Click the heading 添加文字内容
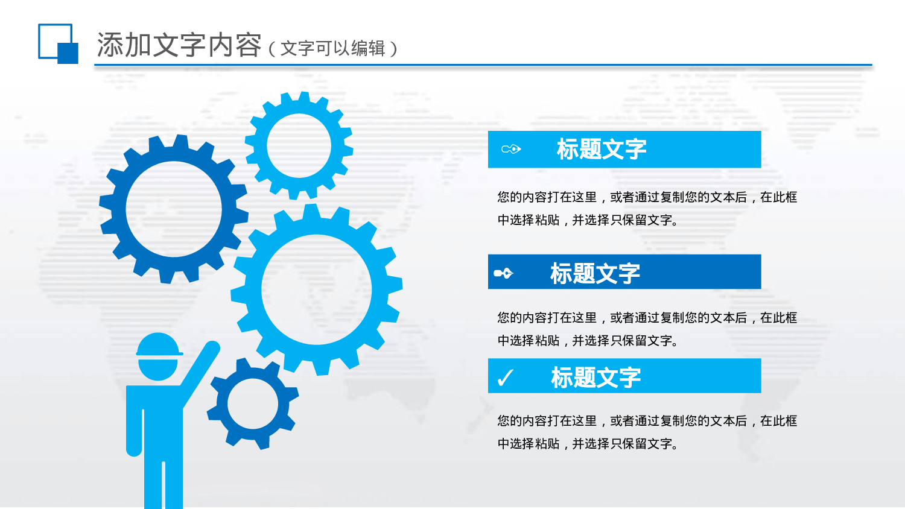pos(179,45)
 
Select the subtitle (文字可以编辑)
pos(333,48)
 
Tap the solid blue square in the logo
pos(68,53)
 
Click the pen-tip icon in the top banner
pos(511,149)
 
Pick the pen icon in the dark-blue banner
pos(503,273)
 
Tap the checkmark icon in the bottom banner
pos(504,378)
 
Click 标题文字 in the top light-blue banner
pos(602,149)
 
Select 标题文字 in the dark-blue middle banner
pos(595,273)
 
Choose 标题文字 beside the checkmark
pos(595,378)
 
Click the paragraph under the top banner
pos(647,209)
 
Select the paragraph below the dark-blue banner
pos(647,329)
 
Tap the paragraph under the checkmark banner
pos(647,432)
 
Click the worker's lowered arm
pos(134,428)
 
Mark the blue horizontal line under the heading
pos(483,65)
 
